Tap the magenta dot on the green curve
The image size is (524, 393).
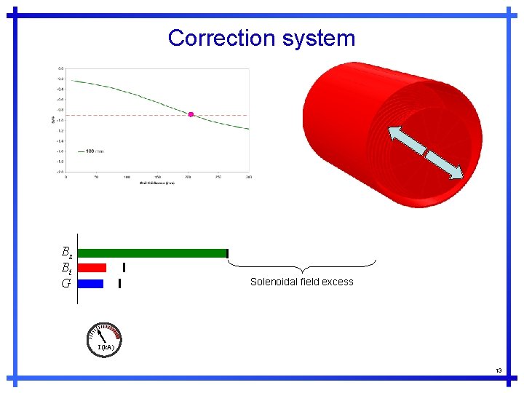pos(191,114)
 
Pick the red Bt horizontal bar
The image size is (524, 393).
pos(92,268)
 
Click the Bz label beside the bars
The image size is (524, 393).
pos(66,253)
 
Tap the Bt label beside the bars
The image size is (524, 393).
pos(66,268)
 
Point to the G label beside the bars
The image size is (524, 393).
pos(65,283)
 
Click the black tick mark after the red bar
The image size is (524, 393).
pos(124,268)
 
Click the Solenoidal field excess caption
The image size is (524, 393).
pos(301,282)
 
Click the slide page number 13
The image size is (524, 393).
pos(499,370)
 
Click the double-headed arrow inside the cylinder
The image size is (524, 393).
pos(425,152)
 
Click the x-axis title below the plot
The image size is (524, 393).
pos(157,182)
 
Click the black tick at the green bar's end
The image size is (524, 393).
pos(228,253)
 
